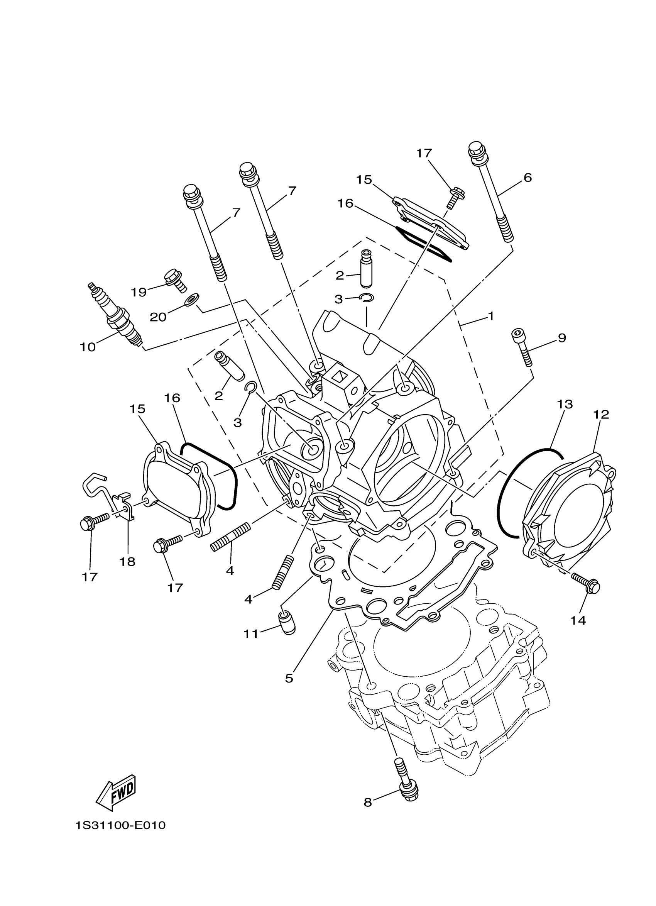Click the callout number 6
[528, 178]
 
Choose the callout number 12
[601, 414]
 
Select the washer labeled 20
[193, 298]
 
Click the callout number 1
[491, 316]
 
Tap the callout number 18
[127, 562]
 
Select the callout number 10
[88, 347]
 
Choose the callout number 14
[578, 620]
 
